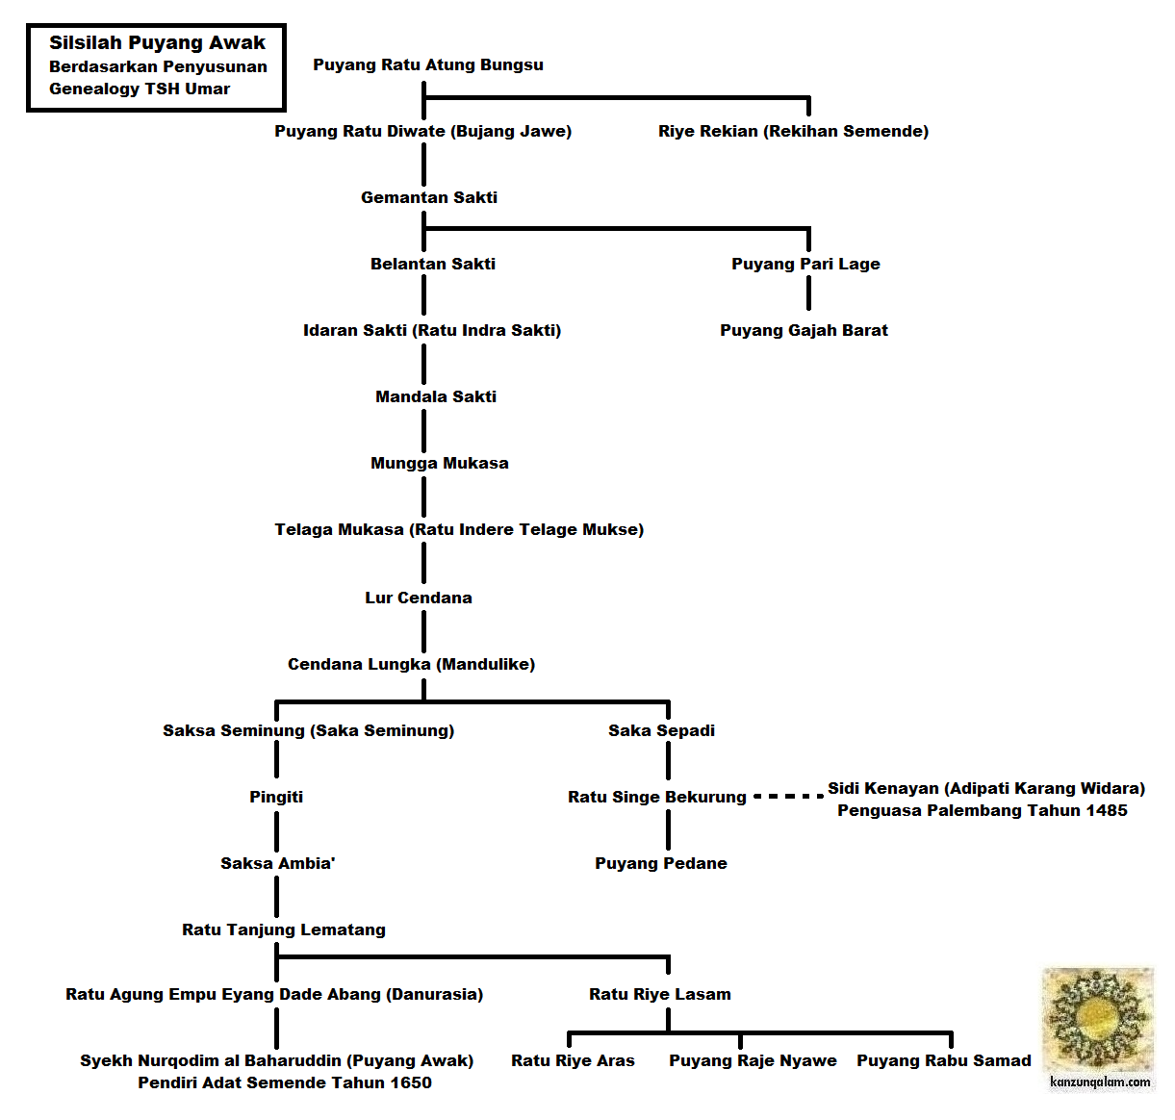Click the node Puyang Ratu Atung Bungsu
tap(428, 65)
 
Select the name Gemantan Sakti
tap(429, 197)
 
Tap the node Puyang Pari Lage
tap(805, 265)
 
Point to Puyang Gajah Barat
tap(804, 330)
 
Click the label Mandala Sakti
tap(436, 396)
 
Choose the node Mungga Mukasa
tap(439, 464)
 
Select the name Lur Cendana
tap(419, 598)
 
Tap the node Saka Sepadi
tap(662, 731)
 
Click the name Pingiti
tap(276, 798)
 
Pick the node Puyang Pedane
tap(661, 864)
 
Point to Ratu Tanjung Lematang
tap(284, 929)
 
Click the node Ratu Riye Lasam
tap(660, 995)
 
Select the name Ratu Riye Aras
tap(573, 1061)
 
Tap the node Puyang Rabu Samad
tap(944, 1061)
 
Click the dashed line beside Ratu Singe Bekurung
tap(789, 797)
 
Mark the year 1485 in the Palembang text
tap(1106, 811)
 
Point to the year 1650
tap(410, 1082)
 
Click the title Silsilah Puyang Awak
tap(157, 43)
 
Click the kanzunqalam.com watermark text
tap(1100, 1082)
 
